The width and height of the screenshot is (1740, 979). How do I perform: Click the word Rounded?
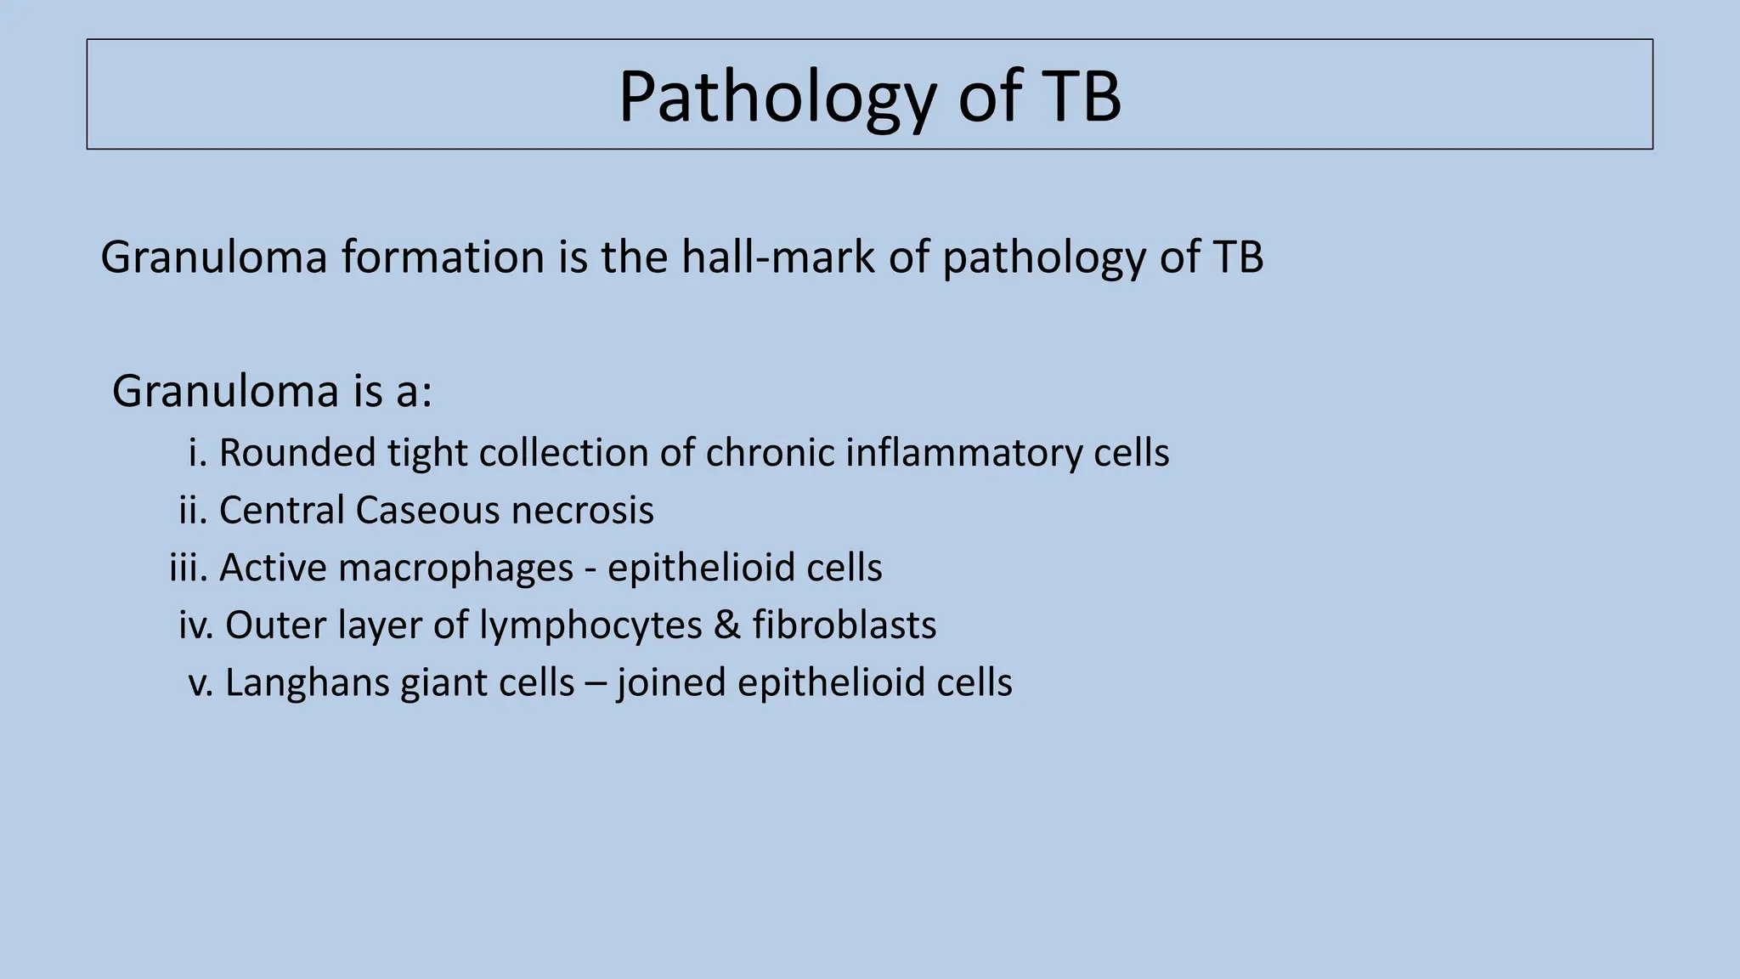point(297,453)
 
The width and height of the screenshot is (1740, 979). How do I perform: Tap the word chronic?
point(770,453)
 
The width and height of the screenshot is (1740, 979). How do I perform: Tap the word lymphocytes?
point(590,626)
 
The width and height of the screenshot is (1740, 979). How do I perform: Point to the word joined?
point(671,684)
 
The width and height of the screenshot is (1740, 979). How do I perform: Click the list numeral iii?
point(188,568)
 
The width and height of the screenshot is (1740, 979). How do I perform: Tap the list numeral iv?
point(194,625)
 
